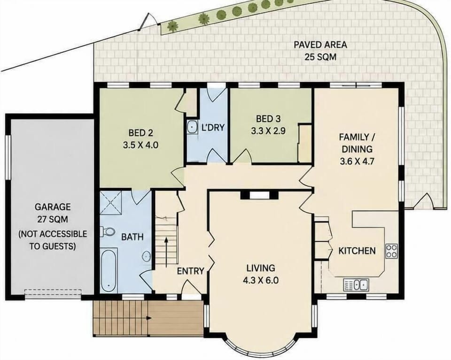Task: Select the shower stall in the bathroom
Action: pos(111,202)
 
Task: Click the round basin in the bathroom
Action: pos(147,255)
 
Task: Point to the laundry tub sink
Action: pos(192,127)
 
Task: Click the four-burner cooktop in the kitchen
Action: pos(392,251)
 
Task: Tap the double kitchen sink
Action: pos(356,285)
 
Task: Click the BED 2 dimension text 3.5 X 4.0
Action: pos(140,145)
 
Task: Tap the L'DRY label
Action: pos(212,127)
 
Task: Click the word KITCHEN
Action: pos(357,251)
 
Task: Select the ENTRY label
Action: pos(190,271)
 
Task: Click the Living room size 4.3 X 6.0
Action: pos(261,280)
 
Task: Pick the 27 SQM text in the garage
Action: pos(53,220)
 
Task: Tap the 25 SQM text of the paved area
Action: pos(320,57)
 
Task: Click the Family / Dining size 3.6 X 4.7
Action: pos(357,161)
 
